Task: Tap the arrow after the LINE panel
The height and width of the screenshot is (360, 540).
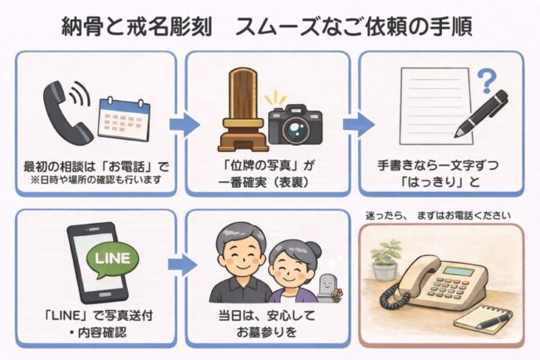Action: click(181, 266)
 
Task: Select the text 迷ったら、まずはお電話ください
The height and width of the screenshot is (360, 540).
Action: click(438, 216)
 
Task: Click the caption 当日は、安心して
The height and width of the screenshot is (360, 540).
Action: click(266, 317)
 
